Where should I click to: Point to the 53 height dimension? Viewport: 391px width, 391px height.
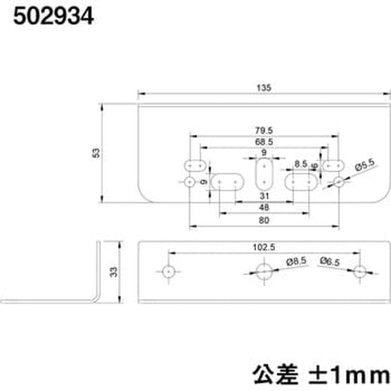[96, 152]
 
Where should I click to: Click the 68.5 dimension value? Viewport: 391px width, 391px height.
[264, 141]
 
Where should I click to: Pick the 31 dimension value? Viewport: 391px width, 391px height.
[264, 196]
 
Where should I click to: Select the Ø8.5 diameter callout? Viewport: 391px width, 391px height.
[296, 261]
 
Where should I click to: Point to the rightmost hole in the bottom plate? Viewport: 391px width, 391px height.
[359, 272]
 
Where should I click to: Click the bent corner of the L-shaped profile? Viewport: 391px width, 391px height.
[97, 298]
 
